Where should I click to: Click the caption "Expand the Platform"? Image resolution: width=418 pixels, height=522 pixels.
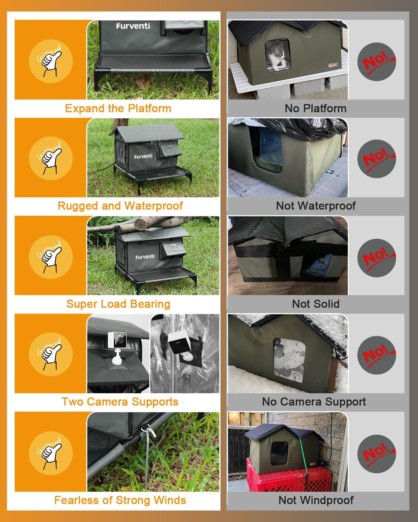[118, 108]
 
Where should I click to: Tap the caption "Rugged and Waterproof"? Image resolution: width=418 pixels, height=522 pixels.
[120, 206]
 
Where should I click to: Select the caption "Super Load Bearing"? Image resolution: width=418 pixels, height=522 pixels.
[118, 304]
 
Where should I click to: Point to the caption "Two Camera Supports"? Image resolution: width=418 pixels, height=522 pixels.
[120, 402]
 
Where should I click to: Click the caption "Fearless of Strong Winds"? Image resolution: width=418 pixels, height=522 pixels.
[120, 500]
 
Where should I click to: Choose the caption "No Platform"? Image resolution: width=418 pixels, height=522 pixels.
[316, 108]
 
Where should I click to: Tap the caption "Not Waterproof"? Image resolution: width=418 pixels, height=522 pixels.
[316, 206]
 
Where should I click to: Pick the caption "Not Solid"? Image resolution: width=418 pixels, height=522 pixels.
[316, 304]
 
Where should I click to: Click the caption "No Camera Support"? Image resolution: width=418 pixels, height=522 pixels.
[314, 402]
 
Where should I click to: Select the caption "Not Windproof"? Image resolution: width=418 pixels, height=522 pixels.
[316, 500]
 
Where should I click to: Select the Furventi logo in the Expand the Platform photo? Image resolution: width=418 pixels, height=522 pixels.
[133, 26]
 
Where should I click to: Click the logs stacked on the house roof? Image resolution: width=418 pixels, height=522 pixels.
[146, 224]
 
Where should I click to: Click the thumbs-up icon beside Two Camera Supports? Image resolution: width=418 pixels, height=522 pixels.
[51, 354]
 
